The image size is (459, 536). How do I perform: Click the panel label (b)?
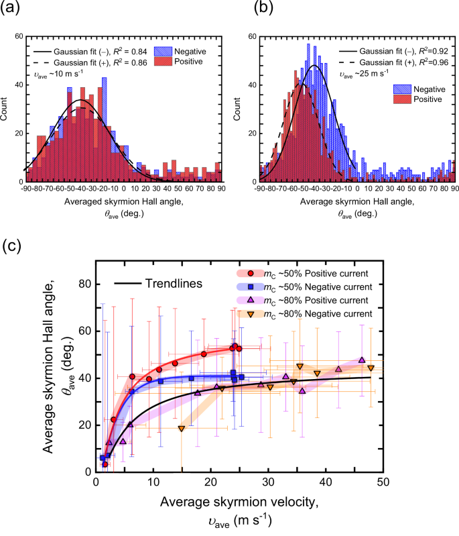click(243, 9)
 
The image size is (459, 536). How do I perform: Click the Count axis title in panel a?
click(7, 111)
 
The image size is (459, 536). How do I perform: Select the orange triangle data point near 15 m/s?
click(181, 428)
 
